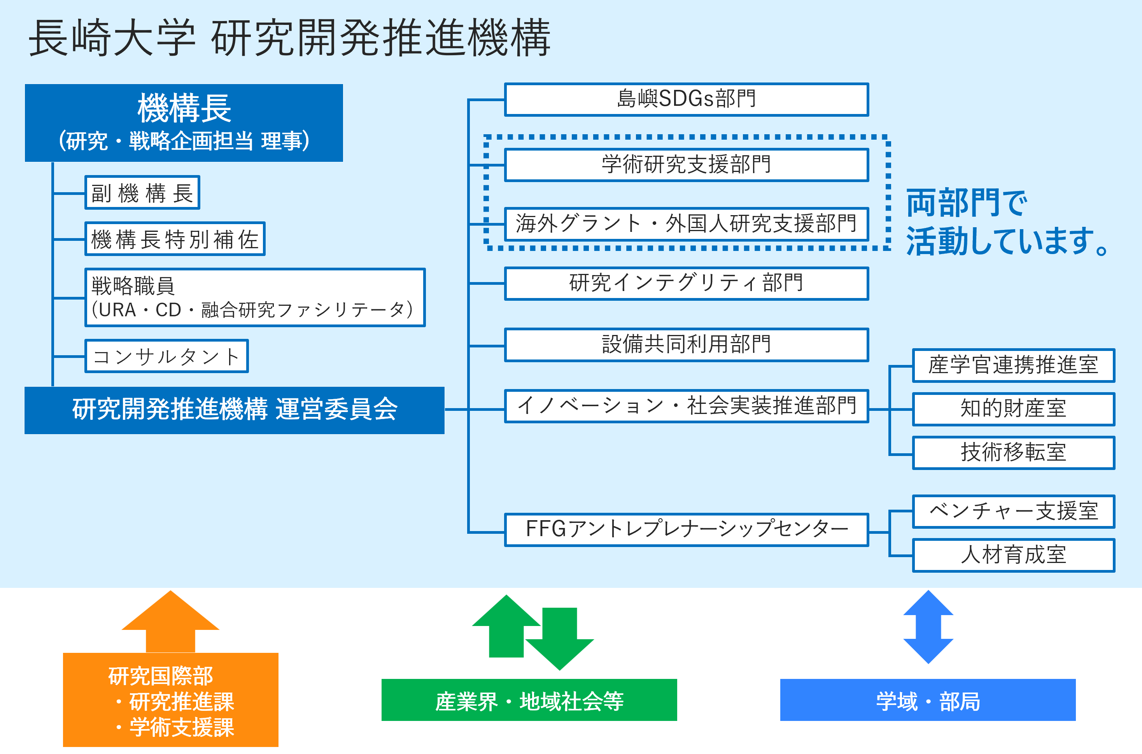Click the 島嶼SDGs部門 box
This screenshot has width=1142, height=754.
687,100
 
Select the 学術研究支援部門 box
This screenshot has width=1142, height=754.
687,165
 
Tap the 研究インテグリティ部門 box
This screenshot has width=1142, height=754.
687,283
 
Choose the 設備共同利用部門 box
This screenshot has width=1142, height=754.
687,345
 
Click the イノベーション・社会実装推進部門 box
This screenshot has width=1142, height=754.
687,406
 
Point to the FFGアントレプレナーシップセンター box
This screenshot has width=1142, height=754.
687,530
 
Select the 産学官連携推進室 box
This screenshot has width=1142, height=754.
1013,365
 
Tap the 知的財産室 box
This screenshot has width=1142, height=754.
1013,409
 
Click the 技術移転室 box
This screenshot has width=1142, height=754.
1013,452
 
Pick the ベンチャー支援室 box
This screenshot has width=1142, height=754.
1013,511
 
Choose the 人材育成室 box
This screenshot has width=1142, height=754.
1013,556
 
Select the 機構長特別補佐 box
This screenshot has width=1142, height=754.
175,238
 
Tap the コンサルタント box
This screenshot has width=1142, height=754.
166,356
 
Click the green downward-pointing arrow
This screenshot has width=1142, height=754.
559,640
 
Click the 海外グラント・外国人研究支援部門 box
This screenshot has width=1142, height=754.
687,224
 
